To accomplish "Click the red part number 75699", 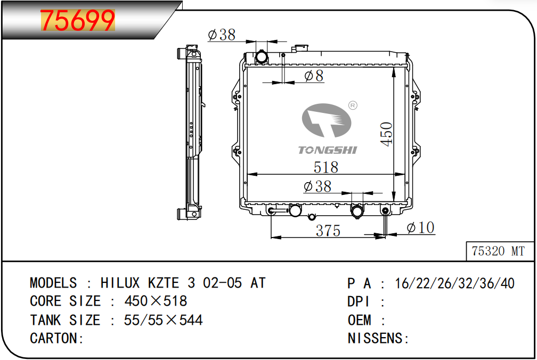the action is point(78,21).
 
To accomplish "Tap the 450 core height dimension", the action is point(387,134).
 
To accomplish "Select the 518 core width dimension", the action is point(326,167).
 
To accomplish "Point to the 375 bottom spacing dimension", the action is point(328,231).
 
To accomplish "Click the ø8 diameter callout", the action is point(314,76).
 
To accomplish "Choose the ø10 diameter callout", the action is point(420,227).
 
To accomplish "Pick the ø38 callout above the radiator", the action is point(222,35).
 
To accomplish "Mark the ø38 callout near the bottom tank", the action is point(318,186).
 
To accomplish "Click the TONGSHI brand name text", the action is point(328,150).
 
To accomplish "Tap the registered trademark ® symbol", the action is point(353,105).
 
